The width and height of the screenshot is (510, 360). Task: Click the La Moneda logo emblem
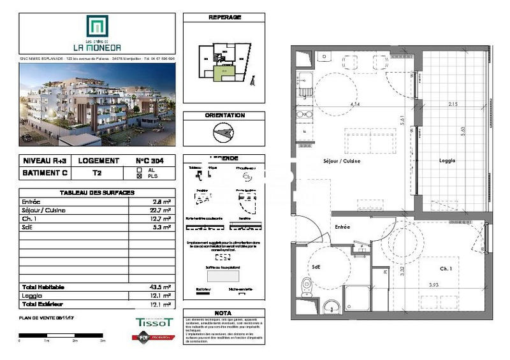click(x=98, y=27)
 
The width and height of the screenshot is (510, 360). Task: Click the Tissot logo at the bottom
click(x=154, y=323)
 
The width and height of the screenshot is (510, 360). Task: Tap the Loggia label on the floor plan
click(x=447, y=161)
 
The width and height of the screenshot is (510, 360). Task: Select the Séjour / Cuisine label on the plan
click(x=342, y=161)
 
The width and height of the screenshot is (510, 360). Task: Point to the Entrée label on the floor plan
click(x=343, y=227)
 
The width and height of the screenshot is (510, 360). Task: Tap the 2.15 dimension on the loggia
click(x=453, y=104)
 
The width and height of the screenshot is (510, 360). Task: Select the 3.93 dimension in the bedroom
click(x=433, y=284)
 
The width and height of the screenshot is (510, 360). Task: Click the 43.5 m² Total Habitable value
click(x=159, y=287)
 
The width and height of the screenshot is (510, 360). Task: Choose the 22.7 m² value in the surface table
click(x=159, y=210)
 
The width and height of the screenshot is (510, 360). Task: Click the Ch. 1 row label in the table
click(x=28, y=218)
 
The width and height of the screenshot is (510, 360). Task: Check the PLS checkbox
click(x=140, y=176)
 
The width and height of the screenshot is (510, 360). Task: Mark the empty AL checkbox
click(x=140, y=170)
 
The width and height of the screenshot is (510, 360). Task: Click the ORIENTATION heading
click(x=224, y=115)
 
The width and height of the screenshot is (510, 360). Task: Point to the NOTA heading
click(x=223, y=313)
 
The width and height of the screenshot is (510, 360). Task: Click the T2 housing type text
click(x=98, y=173)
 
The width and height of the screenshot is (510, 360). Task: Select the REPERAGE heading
click(x=224, y=17)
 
